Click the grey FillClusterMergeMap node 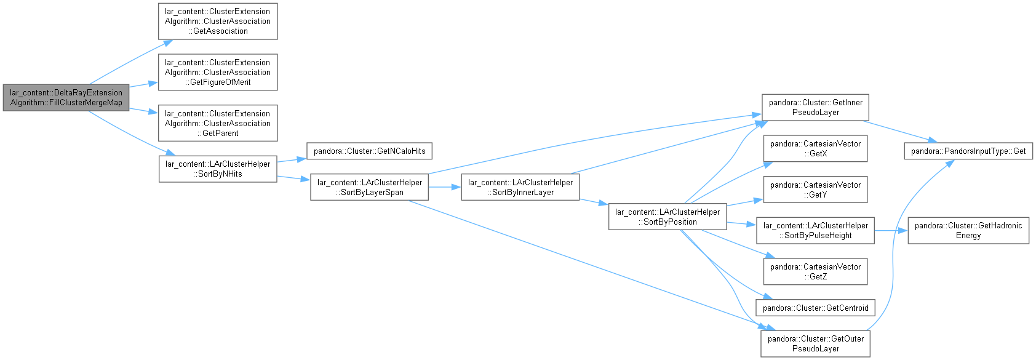66,98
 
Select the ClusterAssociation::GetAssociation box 218,22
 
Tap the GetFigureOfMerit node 218,72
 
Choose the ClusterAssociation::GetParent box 218,123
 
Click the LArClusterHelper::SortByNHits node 218,169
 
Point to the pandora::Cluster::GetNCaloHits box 370,151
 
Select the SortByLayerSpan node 370,188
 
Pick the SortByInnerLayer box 520,188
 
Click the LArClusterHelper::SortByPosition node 667,217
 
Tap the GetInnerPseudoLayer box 815,107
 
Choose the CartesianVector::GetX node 815,148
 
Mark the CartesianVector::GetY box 815,190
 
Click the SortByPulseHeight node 815,230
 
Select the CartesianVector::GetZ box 815,271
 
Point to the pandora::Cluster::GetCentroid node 815,308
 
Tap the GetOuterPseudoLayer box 815,344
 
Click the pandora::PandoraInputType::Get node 968,151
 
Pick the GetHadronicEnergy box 968,230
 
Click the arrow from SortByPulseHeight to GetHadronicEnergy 891,230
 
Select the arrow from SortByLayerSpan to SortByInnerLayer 445,188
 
